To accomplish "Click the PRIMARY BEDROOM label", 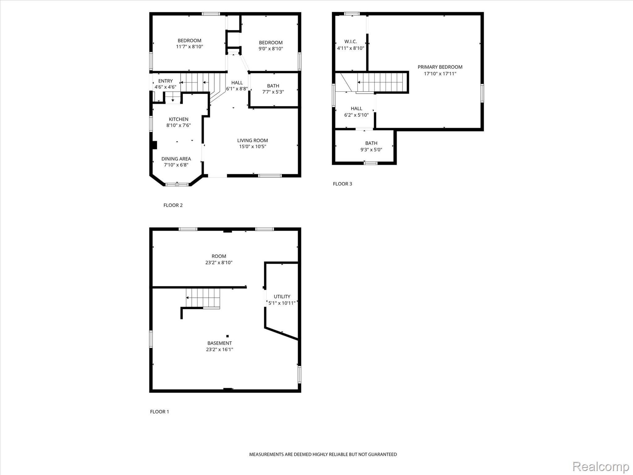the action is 440,67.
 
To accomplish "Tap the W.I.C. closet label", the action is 350,41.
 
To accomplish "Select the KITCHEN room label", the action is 178,119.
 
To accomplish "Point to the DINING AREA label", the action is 176,159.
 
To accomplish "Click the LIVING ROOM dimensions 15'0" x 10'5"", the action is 253,147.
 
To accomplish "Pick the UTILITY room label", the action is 282,297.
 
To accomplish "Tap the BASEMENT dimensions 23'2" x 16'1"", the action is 219,350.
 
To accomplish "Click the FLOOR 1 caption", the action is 159,412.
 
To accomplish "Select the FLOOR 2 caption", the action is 173,205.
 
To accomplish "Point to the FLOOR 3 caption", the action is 342,184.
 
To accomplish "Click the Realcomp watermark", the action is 601,466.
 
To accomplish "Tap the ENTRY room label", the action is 165,81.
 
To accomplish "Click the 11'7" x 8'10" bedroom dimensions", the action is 189,47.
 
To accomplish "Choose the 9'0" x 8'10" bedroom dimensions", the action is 271,49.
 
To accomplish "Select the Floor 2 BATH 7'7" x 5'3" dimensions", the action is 273,92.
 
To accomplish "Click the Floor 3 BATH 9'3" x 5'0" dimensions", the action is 371,150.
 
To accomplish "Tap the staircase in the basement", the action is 203,298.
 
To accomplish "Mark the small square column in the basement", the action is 227,336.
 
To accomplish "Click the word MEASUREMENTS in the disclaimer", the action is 266,454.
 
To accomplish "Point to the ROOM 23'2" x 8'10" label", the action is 219,259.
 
